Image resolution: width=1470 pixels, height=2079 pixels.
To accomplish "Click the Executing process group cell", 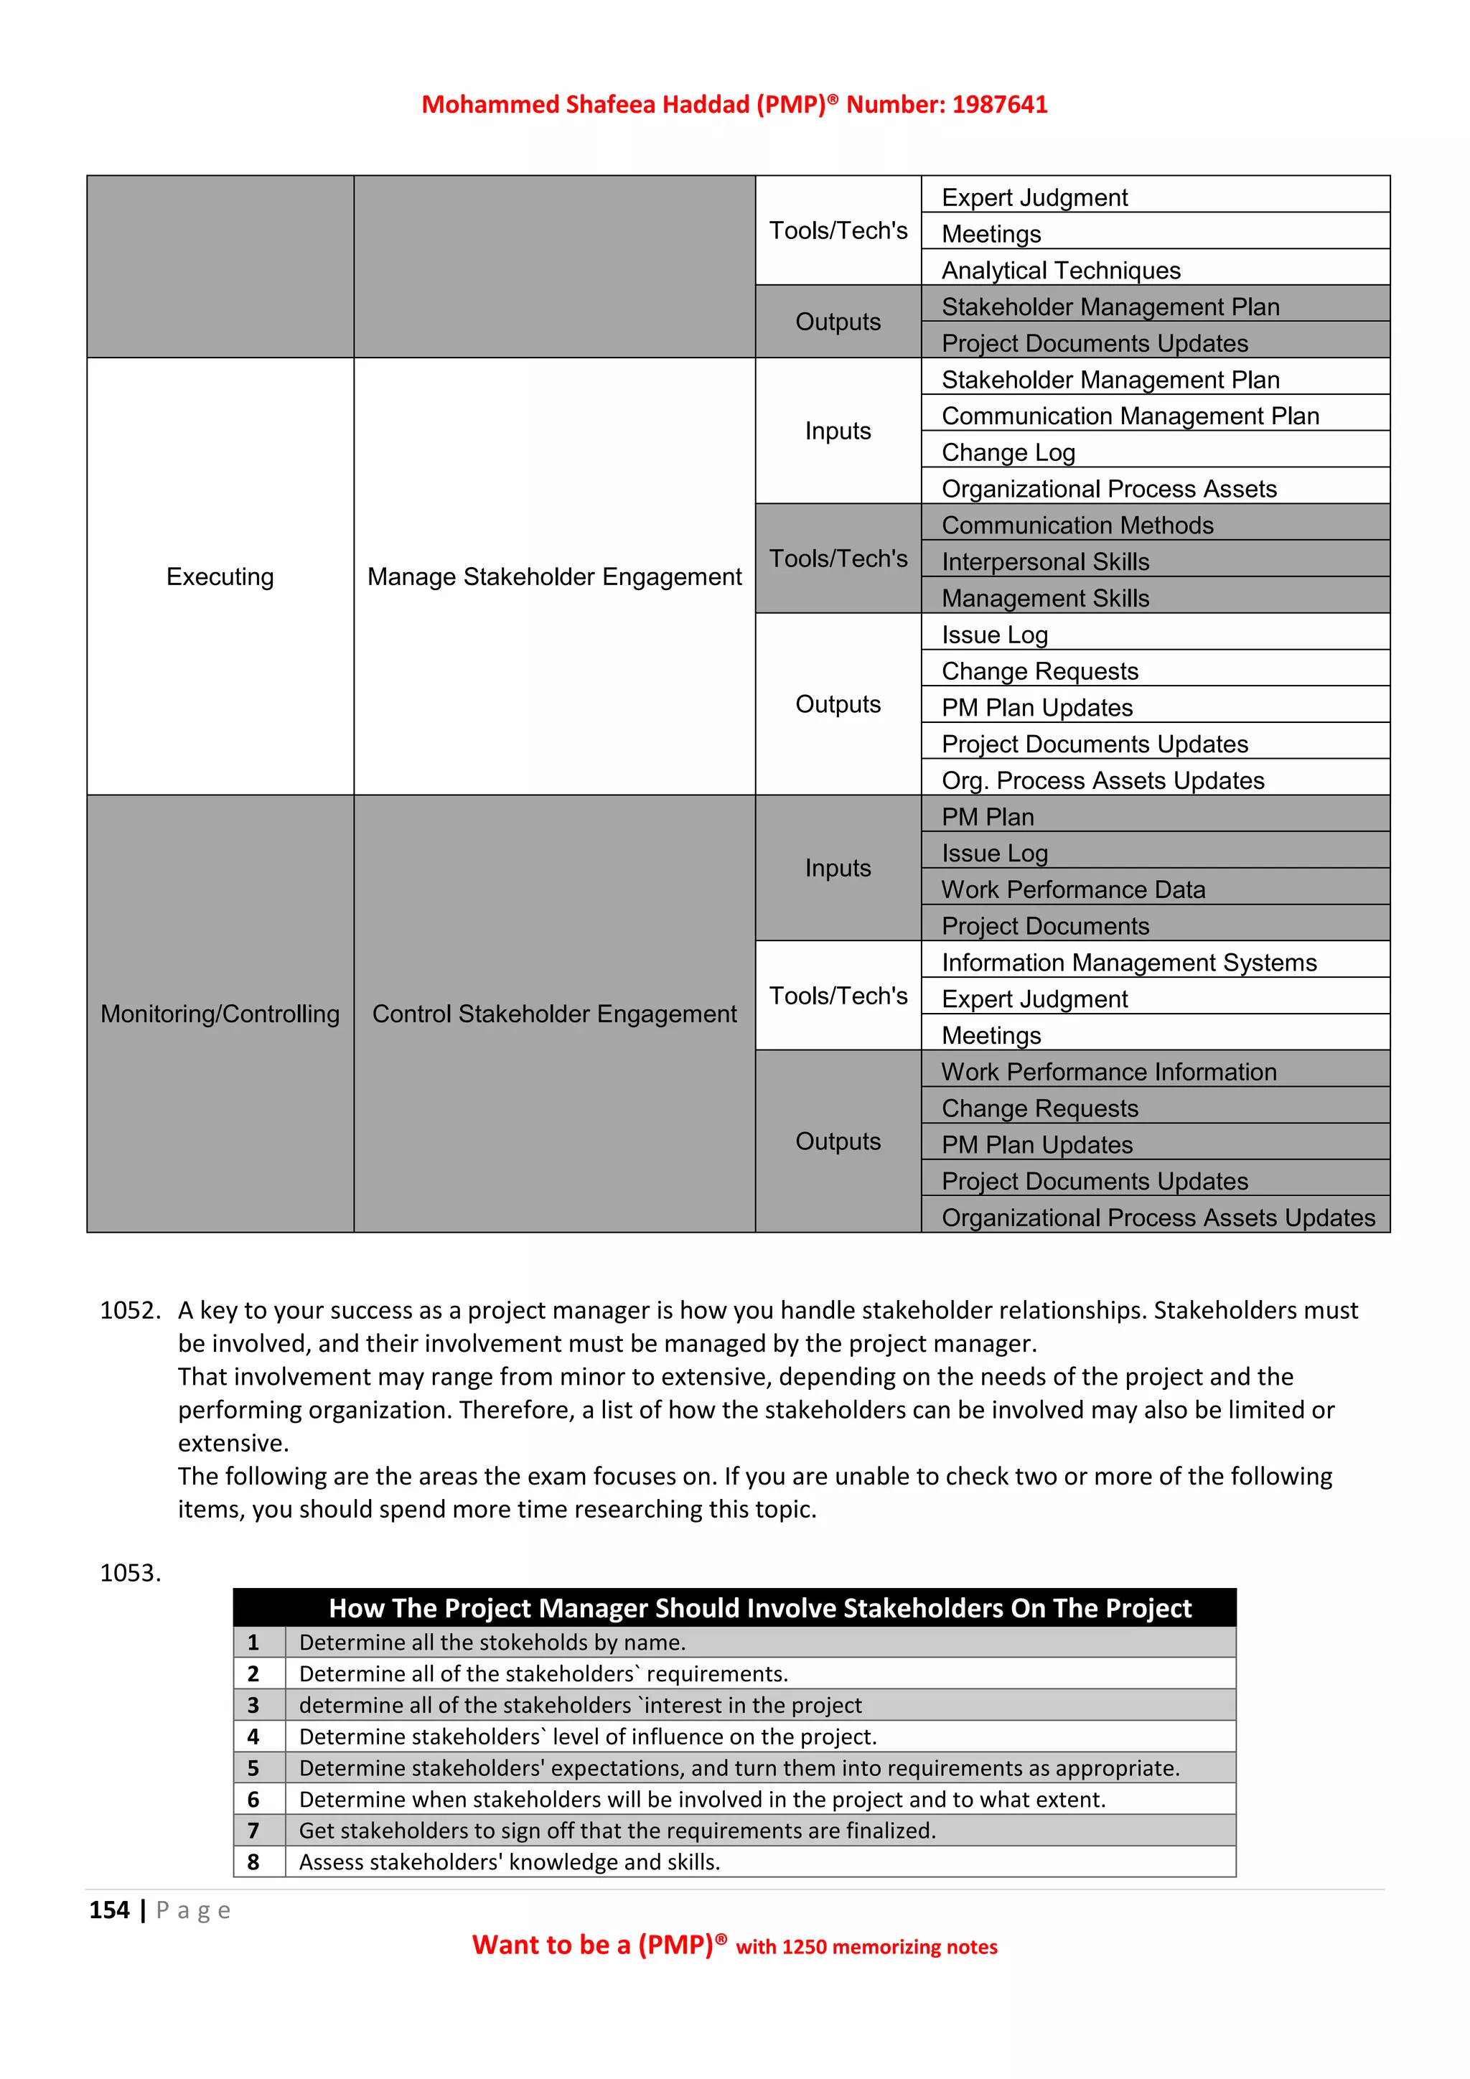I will [220, 576].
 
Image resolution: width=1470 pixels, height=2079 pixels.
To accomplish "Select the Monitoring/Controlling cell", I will [220, 1014].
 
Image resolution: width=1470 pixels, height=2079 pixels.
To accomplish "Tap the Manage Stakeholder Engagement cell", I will [554, 576].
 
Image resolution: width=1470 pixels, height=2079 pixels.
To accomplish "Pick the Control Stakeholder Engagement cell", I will [554, 1014].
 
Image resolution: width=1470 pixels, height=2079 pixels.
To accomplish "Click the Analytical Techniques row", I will [1061, 270].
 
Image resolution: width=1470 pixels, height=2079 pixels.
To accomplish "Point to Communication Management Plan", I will [1130, 416].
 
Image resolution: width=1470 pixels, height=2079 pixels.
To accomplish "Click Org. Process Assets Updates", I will [1102, 780].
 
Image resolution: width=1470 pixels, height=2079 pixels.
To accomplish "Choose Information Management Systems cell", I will [1129, 962].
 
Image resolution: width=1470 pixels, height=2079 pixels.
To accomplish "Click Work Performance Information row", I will [1108, 1071].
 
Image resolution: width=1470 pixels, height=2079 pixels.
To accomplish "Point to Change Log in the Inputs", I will [1008, 452].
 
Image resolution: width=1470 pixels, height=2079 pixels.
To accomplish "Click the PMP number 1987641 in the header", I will [999, 104].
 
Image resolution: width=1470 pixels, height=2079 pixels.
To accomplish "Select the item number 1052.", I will [129, 1310].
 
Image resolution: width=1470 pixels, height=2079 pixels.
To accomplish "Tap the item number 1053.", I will [129, 1573].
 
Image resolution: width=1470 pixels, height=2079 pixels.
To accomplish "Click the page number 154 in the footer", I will [110, 1910].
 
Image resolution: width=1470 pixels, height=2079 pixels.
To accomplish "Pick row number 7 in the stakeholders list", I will [253, 1830].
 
